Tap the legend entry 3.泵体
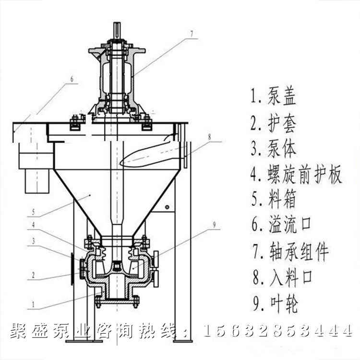click(273, 148)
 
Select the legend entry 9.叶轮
click(273, 303)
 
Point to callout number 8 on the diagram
click(209, 137)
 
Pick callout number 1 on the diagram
click(34, 303)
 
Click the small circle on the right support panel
click(167, 207)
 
